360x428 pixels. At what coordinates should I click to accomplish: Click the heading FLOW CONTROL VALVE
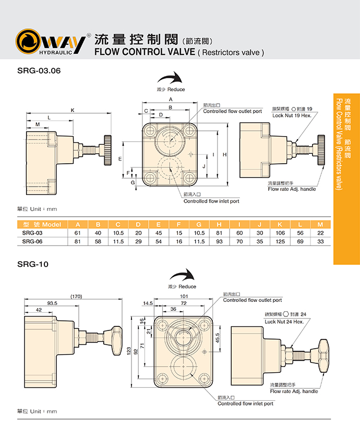[x=144, y=52]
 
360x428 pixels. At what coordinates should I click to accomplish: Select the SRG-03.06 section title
[x=40, y=72]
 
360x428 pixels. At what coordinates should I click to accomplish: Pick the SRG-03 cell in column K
[x=279, y=233]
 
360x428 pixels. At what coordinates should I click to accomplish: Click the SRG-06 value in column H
[x=219, y=241]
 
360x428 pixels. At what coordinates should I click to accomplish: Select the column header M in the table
[x=320, y=225]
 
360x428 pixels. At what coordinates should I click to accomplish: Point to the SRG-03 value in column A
[x=78, y=233]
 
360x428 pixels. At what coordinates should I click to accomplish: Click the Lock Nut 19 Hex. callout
[x=292, y=115]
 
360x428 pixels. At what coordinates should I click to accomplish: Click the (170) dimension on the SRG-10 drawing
[x=76, y=297]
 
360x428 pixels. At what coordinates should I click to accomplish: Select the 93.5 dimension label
[x=52, y=303]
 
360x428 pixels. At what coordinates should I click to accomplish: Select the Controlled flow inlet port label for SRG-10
[x=245, y=403]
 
